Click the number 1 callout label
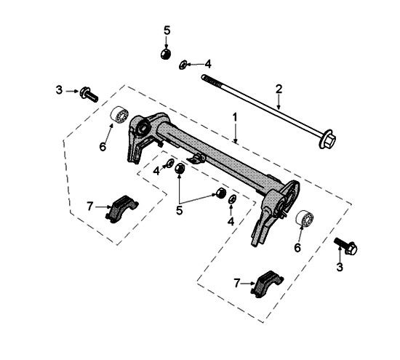click(234, 116)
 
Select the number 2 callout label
click(278, 88)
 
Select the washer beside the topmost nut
click(183, 64)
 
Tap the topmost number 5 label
click(167, 30)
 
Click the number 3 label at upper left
click(59, 90)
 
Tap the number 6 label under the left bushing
click(103, 146)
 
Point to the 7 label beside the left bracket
click(89, 207)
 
